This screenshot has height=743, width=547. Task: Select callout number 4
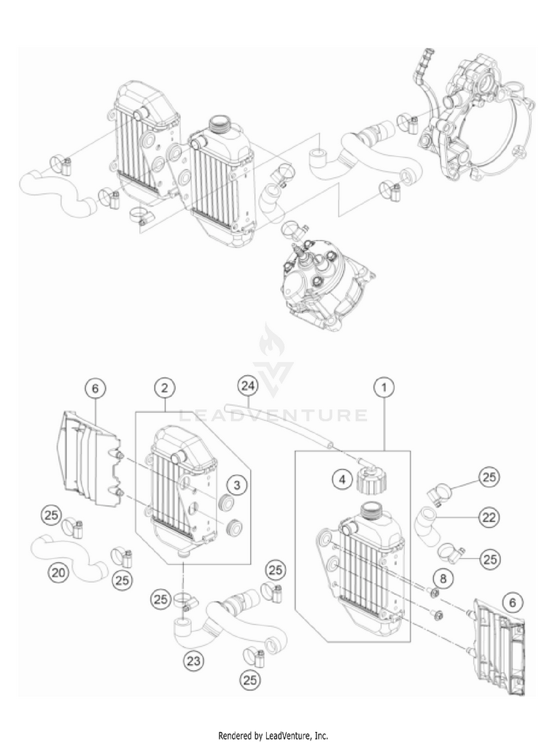click(320, 480)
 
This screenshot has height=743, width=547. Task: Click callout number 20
click(60, 573)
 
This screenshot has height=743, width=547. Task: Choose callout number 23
click(193, 661)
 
